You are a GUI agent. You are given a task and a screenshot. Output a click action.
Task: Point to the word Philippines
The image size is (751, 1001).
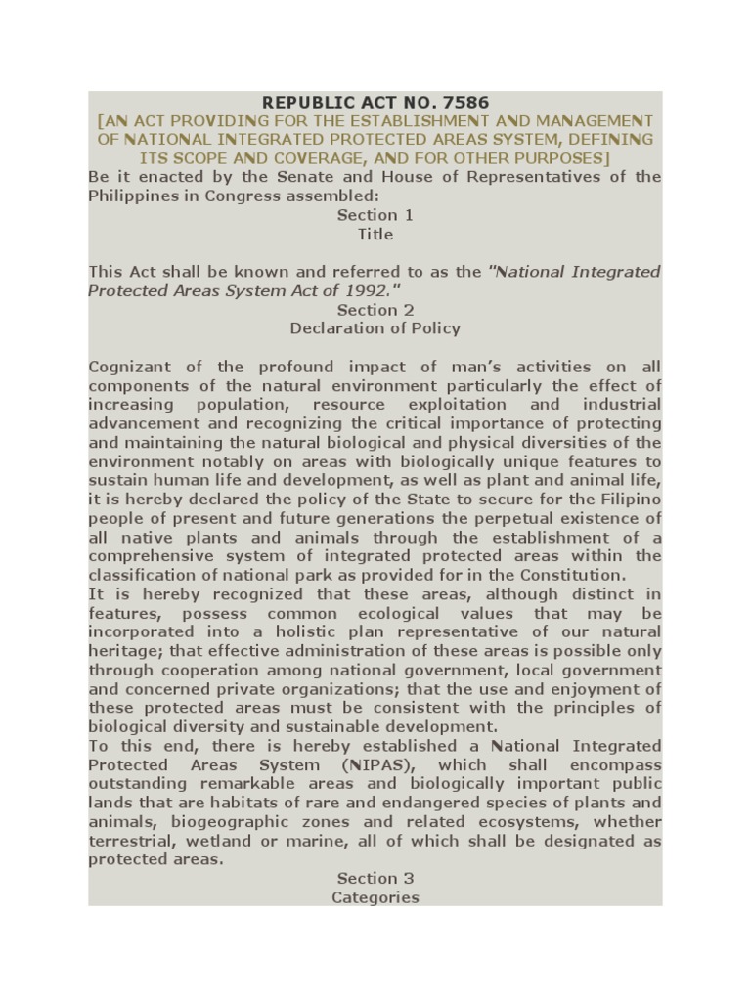pos(131,196)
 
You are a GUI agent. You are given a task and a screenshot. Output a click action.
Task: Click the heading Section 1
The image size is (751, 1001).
pos(375,215)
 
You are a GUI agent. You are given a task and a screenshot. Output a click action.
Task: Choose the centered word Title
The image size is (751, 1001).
pos(375,234)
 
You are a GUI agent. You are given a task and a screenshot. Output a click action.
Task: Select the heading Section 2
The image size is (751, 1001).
pos(375,310)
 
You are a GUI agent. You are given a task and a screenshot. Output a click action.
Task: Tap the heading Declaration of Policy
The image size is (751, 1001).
pos(375,328)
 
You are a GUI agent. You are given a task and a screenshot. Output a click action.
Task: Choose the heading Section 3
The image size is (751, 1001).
pos(375,879)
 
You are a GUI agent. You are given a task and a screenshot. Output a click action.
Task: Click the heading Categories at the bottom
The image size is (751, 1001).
pos(375,897)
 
